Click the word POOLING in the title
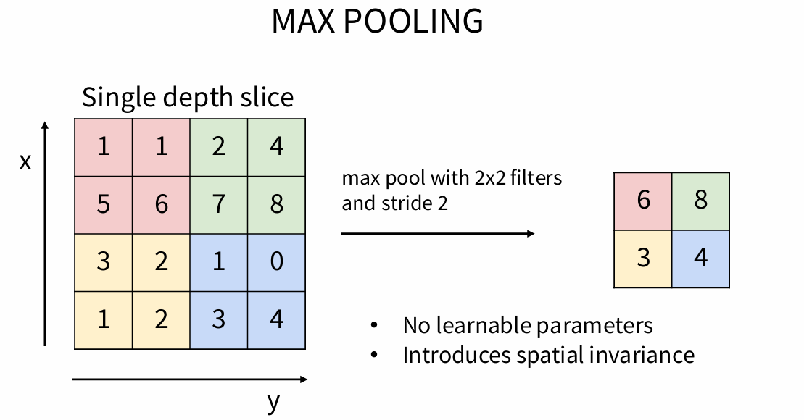(x=413, y=22)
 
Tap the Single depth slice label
(x=187, y=97)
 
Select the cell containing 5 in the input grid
(x=104, y=204)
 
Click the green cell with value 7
(x=218, y=204)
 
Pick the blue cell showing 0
(x=276, y=261)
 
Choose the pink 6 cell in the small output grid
(x=643, y=201)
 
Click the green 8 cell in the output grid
(x=700, y=201)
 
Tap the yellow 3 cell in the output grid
(x=643, y=258)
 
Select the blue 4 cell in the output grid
(x=700, y=258)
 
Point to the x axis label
(x=25, y=161)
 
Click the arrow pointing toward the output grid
(x=437, y=233)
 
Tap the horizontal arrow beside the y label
(x=190, y=379)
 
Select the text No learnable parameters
(x=528, y=326)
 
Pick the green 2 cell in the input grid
(x=218, y=147)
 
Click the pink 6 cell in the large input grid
(x=161, y=204)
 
